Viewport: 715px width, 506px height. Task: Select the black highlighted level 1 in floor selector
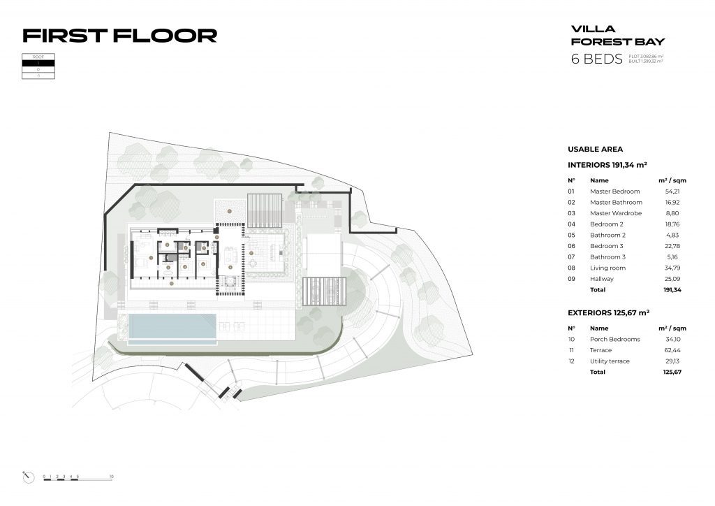pyautogui.click(x=38, y=63)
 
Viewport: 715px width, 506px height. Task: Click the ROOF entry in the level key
pyautogui.click(x=38, y=56)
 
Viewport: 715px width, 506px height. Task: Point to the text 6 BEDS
pyautogui.click(x=596, y=59)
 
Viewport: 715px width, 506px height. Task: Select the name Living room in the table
pyautogui.click(x=607, y=268)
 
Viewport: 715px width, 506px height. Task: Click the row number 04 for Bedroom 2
pyautogui.click(x=571, y=224)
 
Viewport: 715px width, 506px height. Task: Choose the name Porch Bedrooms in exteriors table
pyautogui.click(x=614, y=339)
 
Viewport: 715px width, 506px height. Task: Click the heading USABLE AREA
pyautogui.click(x=595, y=150)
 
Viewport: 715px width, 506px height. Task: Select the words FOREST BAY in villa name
pyautogui.click(x=618, y=42)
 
